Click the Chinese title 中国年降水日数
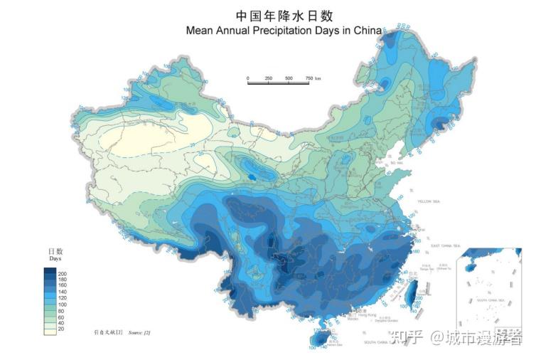(x=284, y=16)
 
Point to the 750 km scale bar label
(x=310, y=78)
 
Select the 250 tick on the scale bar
(x=269, y=78)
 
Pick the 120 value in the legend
(x=62, y=299)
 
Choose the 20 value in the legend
(x=61, y=329)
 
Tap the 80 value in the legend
(x=61, y=311)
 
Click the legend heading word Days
(x=55, y=259)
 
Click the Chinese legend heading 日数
(x=55, y=251)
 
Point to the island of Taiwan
(x=410, y=294)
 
